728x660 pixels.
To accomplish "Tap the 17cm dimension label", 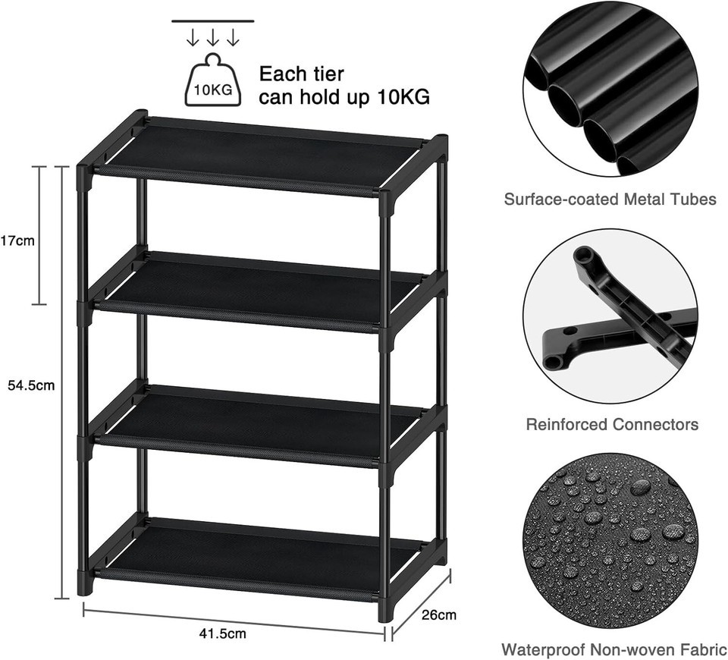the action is [x=17, y=241].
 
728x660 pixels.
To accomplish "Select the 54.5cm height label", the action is [x=31, y=385].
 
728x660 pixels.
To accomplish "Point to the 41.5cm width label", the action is [x=223, y=633].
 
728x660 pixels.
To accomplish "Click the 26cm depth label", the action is [x=439, y=615].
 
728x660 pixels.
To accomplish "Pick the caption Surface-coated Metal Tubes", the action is [x=610, y=200].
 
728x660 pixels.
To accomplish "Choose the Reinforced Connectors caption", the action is [x=612, y=424].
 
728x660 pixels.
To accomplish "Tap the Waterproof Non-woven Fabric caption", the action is [x=614, y=649].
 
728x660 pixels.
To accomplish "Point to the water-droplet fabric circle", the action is [x=610, y=542].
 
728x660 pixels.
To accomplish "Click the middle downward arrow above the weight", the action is [x=212, y=38].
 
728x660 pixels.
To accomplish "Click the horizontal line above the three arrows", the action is [x=212, y=21].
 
